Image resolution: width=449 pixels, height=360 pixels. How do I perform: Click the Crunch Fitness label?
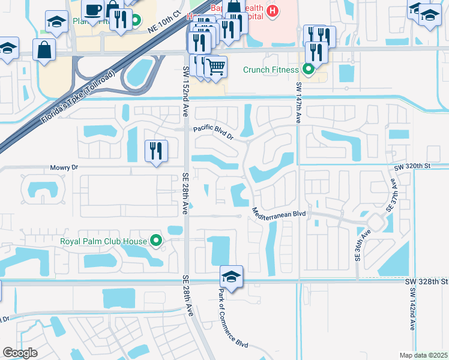click(x=271, y=70)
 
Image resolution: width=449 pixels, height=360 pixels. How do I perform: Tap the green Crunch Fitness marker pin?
click(x=309, y=70)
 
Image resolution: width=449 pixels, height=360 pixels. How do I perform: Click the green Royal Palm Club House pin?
click(x=157, y=242)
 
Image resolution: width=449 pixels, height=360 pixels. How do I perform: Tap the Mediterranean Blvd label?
click(x=280, y=213)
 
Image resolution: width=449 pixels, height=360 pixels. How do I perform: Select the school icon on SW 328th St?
click(x=231, y=276)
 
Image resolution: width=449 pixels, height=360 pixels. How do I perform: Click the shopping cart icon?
click(x=215, y=67)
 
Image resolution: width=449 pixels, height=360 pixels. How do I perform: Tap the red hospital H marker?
click(x=273, y=10)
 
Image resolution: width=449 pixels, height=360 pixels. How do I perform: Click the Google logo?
click(x=20, y=353)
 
